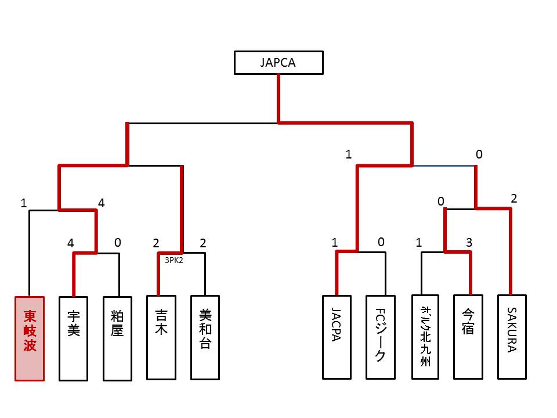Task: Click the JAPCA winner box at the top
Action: pyautogui.click(x=278, y=63)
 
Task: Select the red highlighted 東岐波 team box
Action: pyautogui.click(x=30, y=338)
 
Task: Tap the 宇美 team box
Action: pyautogui.click(x=74, y=338)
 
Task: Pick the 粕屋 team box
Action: pyautogui.click(x=118, y=338)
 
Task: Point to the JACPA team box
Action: pyautogui.click(x=337, y=337)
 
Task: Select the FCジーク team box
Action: pyautogui.click(x=381, y=337)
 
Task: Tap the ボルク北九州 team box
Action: pyautogui.click(x=425, y=337)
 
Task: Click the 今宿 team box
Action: pyautogui.click(x=469, y=337)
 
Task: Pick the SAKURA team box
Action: pyautogui.click(x=512, y=337)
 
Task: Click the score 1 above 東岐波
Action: pyautogui.click(x=23, y=203)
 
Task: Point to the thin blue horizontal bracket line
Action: pyautogui.click(x=444, y=166)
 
